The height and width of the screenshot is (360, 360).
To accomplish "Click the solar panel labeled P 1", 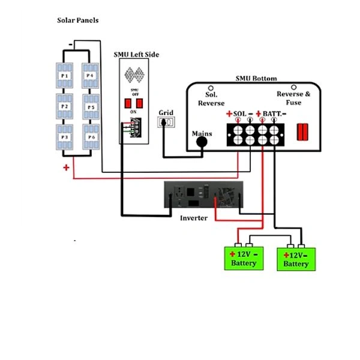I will [65, 76].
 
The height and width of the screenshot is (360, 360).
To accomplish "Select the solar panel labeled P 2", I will [65, 106].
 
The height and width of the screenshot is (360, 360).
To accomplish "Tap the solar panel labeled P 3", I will [65, 137].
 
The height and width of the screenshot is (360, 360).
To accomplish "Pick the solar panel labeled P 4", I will [91, 76].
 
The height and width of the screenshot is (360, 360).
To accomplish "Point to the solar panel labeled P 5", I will [91, 107].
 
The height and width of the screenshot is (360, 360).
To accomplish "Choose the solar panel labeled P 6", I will [91, 137].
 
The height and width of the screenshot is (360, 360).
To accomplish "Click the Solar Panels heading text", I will [77, 20].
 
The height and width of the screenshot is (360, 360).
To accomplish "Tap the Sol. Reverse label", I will [211, 99].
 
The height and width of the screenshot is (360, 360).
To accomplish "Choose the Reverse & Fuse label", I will [293, 98].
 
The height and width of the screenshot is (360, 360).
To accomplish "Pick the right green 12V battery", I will [296, 259].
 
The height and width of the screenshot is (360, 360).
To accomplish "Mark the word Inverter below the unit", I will [194, 218].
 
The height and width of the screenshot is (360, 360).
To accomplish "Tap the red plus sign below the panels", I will [66, 168].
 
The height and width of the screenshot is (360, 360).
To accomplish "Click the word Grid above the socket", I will [166, 112].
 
